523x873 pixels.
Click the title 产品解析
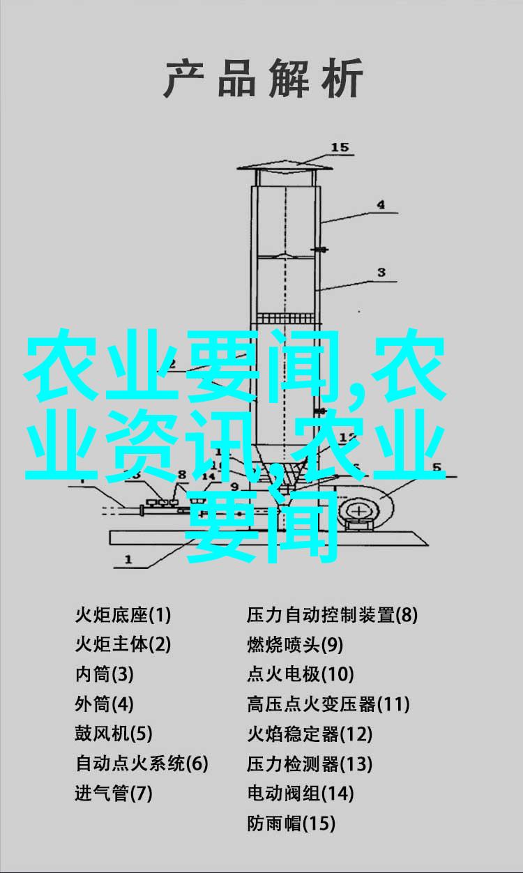click(263, 78)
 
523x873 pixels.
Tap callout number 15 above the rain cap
click(340, 147)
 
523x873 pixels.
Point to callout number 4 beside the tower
click(381, 204)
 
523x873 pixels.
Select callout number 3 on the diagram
click(381, 273)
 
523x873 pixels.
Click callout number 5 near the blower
click(437, 466)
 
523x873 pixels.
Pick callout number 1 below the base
click(128, 560)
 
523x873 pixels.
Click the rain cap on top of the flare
click(285, 167)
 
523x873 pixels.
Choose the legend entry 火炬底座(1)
click(123, 615)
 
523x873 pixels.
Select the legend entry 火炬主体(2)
click(123, 644)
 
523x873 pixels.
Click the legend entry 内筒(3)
click(105, 674)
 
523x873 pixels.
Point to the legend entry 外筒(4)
click(105, 704)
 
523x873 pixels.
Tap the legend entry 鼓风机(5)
click(114, 733)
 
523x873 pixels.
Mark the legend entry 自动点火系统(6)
click(142, 763)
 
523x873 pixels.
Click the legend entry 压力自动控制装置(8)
click(333, 615)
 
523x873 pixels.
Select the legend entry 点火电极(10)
click(301, 674)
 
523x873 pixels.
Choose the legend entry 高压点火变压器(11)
click(328, 704)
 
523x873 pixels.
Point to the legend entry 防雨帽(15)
click(291, 822)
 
